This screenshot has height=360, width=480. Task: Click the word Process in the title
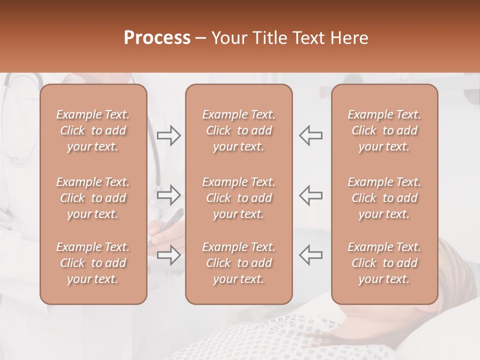coord(157,38)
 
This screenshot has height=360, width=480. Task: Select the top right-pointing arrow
coord(168,135)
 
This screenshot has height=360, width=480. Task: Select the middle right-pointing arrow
coord(168,195)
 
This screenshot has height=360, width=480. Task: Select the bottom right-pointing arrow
coord(168,255)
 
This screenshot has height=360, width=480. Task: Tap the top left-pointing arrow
coord(311,135)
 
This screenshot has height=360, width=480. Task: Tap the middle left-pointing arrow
coord(311,195)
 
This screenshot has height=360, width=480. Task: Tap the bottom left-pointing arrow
coord(311,255)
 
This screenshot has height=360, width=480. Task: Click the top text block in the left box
coord(93,130)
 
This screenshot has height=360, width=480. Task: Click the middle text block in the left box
coord(93,198)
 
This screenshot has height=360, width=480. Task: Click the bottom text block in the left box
coord(93,263)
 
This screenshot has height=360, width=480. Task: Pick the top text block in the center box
coord(238,130)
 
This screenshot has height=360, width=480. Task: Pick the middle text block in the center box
coord(238,198)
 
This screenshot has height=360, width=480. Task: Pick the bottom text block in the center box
coord(238,263)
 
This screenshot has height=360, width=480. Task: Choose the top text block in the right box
coord(384,130)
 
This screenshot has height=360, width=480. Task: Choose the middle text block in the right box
coord(384,198)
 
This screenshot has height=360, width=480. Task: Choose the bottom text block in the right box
coord(384,263)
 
